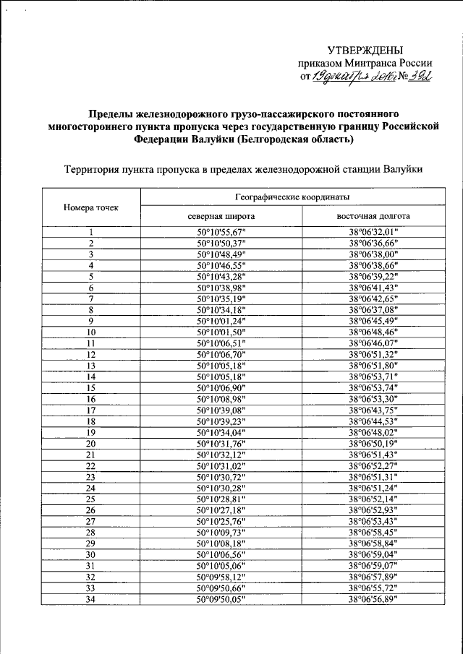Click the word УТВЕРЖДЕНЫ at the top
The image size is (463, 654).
(x=365, y=50)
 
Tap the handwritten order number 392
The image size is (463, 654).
(x=419, y=77)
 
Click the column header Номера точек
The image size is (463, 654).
(x=90, y=207)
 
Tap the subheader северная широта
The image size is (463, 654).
(x=221, y=216)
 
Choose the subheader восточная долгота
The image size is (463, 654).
(x=373, y=216)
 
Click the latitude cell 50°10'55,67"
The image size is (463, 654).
(x=221, y=232)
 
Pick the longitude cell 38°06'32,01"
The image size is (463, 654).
(x=373, y=232)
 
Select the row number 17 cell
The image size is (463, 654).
(x=91, y=410)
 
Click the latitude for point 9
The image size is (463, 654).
(x=221, y=321)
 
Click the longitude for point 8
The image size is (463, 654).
(x=373, y=310)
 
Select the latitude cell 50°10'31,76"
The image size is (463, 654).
(x=221, y=443)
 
